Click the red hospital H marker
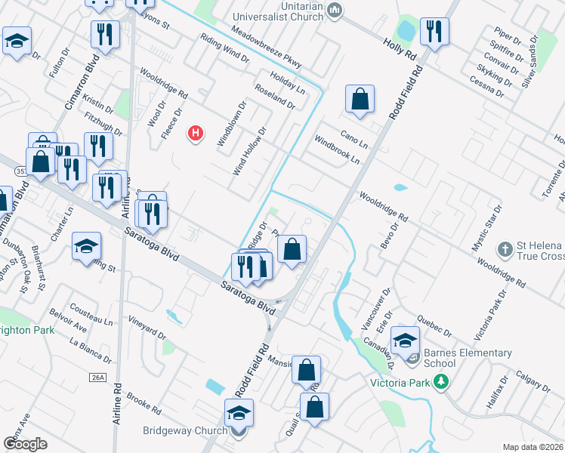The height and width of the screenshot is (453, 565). [196, 134]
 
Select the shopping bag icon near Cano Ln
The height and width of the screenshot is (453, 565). [360, 99]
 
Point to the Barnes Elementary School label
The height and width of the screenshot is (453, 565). [468, 358]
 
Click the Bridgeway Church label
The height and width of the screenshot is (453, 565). [185, 431]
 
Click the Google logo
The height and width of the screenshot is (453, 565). [25, 444]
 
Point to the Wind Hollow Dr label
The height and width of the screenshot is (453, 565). [250, 151]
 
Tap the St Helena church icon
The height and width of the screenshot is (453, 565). [506, 248]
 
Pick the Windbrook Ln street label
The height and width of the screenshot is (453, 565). [337, 150]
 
